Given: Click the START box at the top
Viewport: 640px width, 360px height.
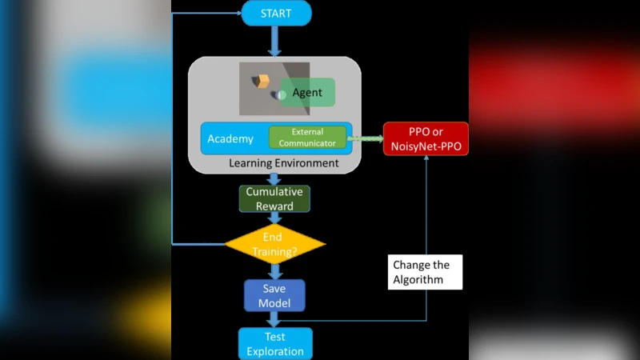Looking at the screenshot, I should point(276,13).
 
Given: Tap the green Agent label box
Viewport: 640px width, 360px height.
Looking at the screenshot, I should point(307,93).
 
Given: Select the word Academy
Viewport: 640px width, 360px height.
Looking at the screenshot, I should point(230,139).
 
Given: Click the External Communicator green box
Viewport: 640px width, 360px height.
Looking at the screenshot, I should point(307,138).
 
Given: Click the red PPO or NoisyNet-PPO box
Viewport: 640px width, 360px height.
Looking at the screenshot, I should point(426,139).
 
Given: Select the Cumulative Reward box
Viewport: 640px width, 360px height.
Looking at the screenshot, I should point(274,199).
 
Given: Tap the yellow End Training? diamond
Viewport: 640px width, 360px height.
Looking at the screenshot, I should point(274,244).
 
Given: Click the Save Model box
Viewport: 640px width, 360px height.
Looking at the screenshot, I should point(274,296).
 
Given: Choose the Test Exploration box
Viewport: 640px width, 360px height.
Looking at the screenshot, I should point(274,344).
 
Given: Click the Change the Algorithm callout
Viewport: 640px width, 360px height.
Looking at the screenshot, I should point(421,272).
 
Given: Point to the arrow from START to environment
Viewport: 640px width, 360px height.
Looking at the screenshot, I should point(274,40).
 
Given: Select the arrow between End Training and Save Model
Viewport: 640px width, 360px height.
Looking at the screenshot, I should point(274,271).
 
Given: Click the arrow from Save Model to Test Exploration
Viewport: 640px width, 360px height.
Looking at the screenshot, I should point(274,319).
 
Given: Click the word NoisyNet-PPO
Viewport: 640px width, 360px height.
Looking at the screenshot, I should point(426,147).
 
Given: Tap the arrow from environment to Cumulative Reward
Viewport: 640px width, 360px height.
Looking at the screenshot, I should point(274,178).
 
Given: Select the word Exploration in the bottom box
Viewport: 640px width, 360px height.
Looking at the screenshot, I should point(274,351).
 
